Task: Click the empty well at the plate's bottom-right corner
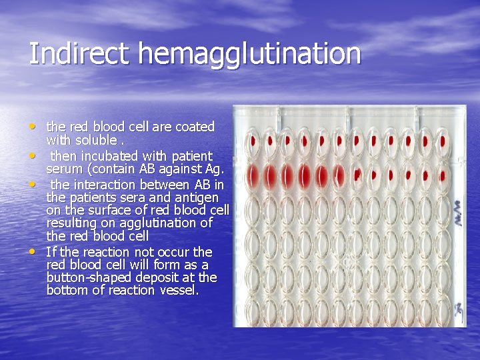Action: coord(444,311)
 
